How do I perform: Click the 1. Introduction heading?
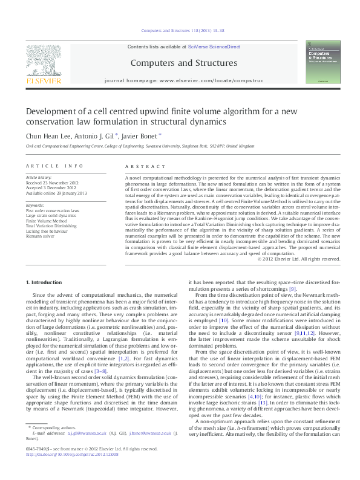click(46, 282)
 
